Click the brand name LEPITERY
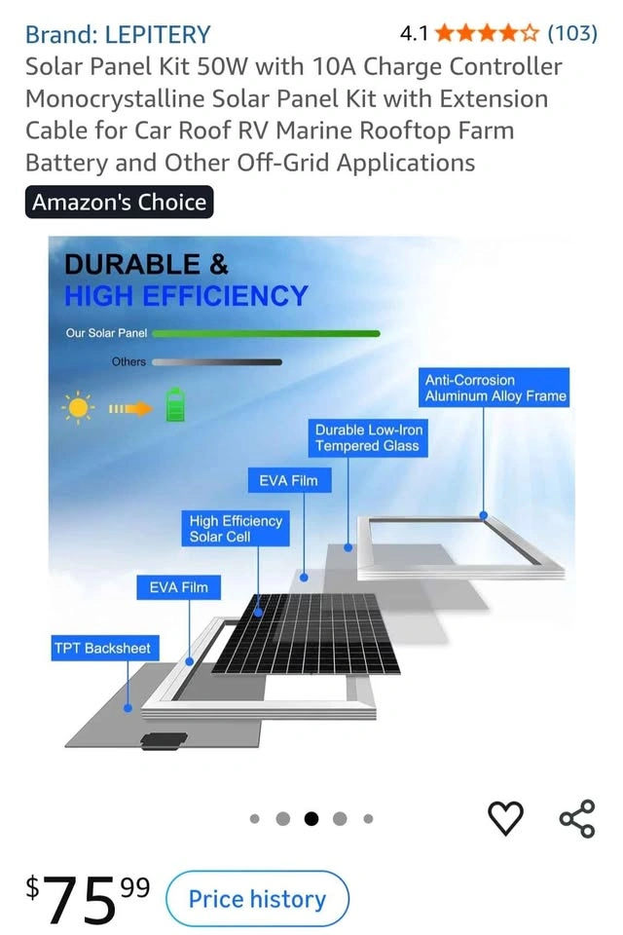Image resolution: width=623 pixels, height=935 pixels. pyautogui.click(x=158, y=35)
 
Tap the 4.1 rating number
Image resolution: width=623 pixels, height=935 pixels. pyautogui.click(x=414, y=33)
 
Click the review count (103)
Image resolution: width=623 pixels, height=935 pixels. pyautogui.click(x=572, y=33)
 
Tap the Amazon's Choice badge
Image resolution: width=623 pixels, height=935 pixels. pyautogui.click(x=119, y=203)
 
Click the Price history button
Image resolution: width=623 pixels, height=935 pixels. pyautogui.click(x=257, y=899)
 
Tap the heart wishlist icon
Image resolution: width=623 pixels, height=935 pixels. pyautogui.click(x=505, y=818)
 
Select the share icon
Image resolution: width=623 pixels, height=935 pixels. pyautogui.click(x=577, y=819)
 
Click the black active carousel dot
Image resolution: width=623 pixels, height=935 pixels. pyautogui.click(x=311, y=819)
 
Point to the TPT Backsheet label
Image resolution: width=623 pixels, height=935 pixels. pyautogui.click(x=102, y=649)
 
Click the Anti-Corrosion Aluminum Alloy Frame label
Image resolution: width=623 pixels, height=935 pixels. pyautogui.click(x=495, y=388)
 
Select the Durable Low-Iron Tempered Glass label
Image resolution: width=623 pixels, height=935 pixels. pyautogui.click(x=368, y=437)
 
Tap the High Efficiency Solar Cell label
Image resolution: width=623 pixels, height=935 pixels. pyautogui.click(x=236, y=528)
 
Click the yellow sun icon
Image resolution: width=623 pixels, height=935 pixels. pyautogui.click(x=78, y=408)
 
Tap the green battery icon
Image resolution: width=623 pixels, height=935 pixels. pyautogui.click(x=174, y=405)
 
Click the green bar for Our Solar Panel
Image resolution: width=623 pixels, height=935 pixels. pyautogui.click(x=266, y=334)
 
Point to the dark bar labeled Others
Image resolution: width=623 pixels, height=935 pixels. pyautogui.click(x=217, y=362)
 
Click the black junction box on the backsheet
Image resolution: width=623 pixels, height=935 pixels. pyautogui.click(x=164, y=740)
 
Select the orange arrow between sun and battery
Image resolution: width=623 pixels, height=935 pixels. pyautogui.click(x=130, y=408)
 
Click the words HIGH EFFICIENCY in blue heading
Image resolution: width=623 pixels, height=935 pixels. pyautogui.click(x=186, y=296)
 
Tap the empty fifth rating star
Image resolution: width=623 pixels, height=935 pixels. pyautogui.click(x=530, y=33)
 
